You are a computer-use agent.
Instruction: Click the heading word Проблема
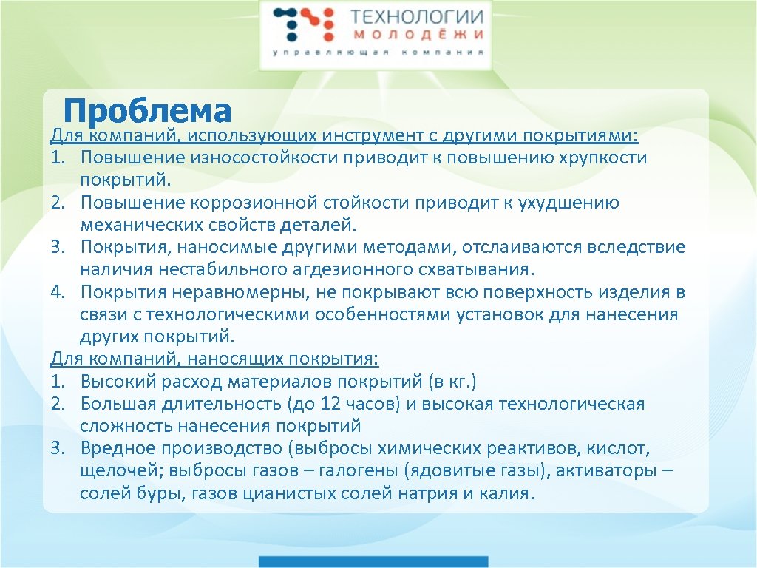[x=147, y=111]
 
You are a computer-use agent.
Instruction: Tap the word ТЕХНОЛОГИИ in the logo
[x=417, y=17]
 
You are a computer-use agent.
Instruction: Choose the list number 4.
[x=58, y=292]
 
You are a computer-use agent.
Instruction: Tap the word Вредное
[x=113, y=449]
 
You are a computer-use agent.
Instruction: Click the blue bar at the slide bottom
[x=373, y=561]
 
